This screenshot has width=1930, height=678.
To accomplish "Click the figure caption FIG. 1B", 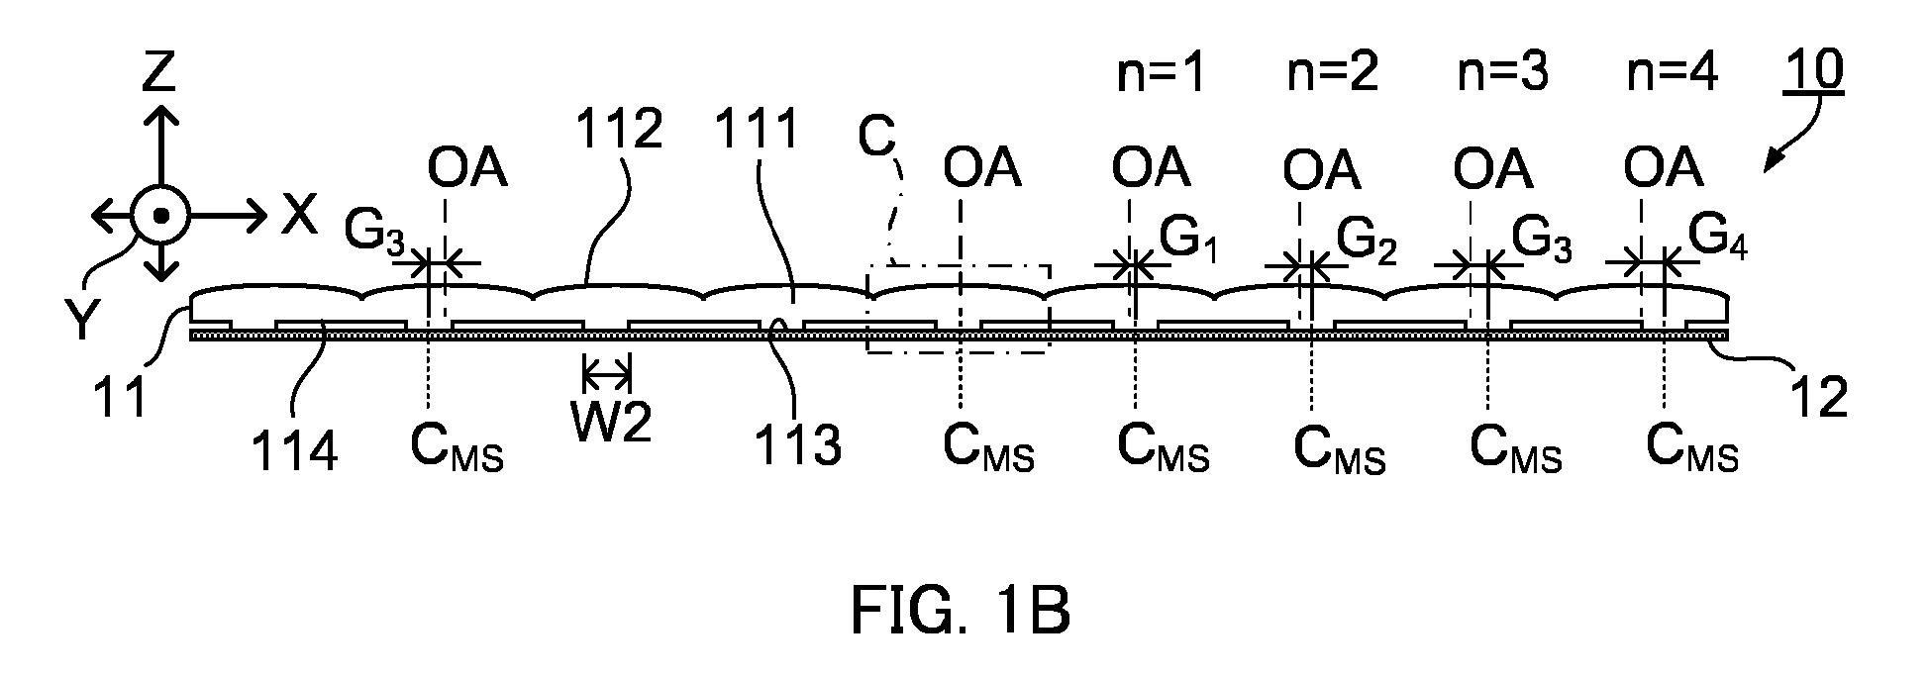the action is pos(960,611).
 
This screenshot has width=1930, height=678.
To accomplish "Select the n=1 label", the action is pos(1161,73).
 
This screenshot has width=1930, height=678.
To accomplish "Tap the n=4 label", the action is pos(1673,73).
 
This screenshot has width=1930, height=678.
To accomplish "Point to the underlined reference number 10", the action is pos(1814,71).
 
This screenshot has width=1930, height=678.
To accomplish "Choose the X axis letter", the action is pos(298,214).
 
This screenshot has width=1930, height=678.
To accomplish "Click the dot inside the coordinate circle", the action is pos(159,215).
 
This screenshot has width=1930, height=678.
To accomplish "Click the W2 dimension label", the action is pos(611,423).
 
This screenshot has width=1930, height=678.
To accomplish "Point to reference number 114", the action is pos(295,451).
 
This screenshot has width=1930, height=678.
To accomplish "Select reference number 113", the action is pos(798,445).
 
